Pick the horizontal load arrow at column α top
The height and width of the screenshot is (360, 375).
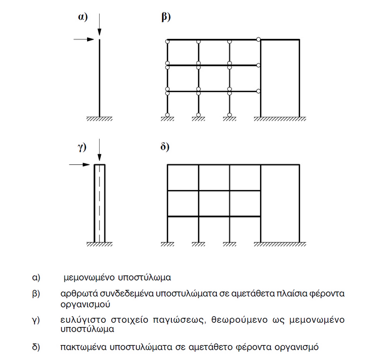(84, 39)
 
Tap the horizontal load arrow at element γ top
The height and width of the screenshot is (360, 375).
(83, 164)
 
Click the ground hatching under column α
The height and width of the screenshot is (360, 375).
(99, 118)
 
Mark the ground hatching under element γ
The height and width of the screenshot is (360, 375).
(99, 244)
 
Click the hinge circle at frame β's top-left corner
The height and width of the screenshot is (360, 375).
(167, 40)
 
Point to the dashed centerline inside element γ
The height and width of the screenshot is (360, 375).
(99, 203)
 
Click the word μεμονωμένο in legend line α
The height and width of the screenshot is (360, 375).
(88, 277)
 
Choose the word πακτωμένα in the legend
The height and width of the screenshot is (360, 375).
(83, 347)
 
